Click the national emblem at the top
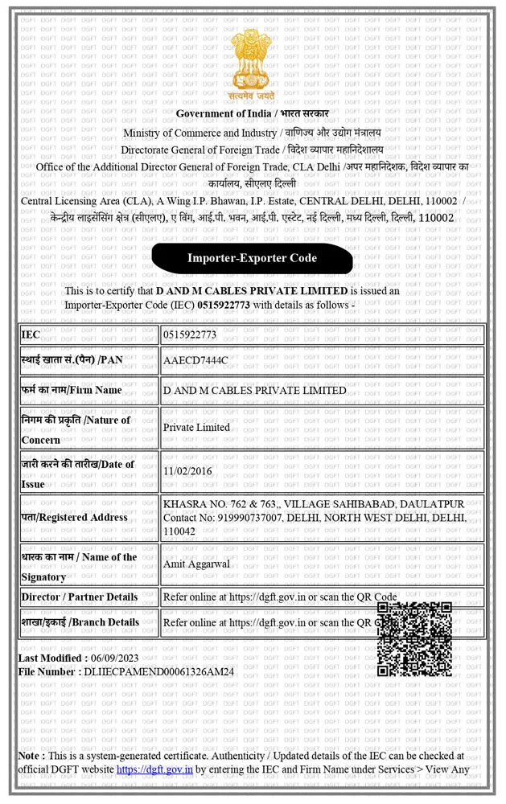[252, 62]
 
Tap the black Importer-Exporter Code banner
[252, 258]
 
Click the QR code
[414, 638]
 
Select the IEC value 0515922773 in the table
[190, 334]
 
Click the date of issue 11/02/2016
[187, 471]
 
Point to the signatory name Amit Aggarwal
[196, 564]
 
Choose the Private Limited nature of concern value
[196, 428]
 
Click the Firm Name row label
[72, 390]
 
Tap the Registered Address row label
[74, 517]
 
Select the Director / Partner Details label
[79, 597]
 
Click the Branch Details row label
[80, 621]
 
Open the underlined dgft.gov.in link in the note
[154, 769]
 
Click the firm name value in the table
[254, 390]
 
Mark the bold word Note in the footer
[30, 756]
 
